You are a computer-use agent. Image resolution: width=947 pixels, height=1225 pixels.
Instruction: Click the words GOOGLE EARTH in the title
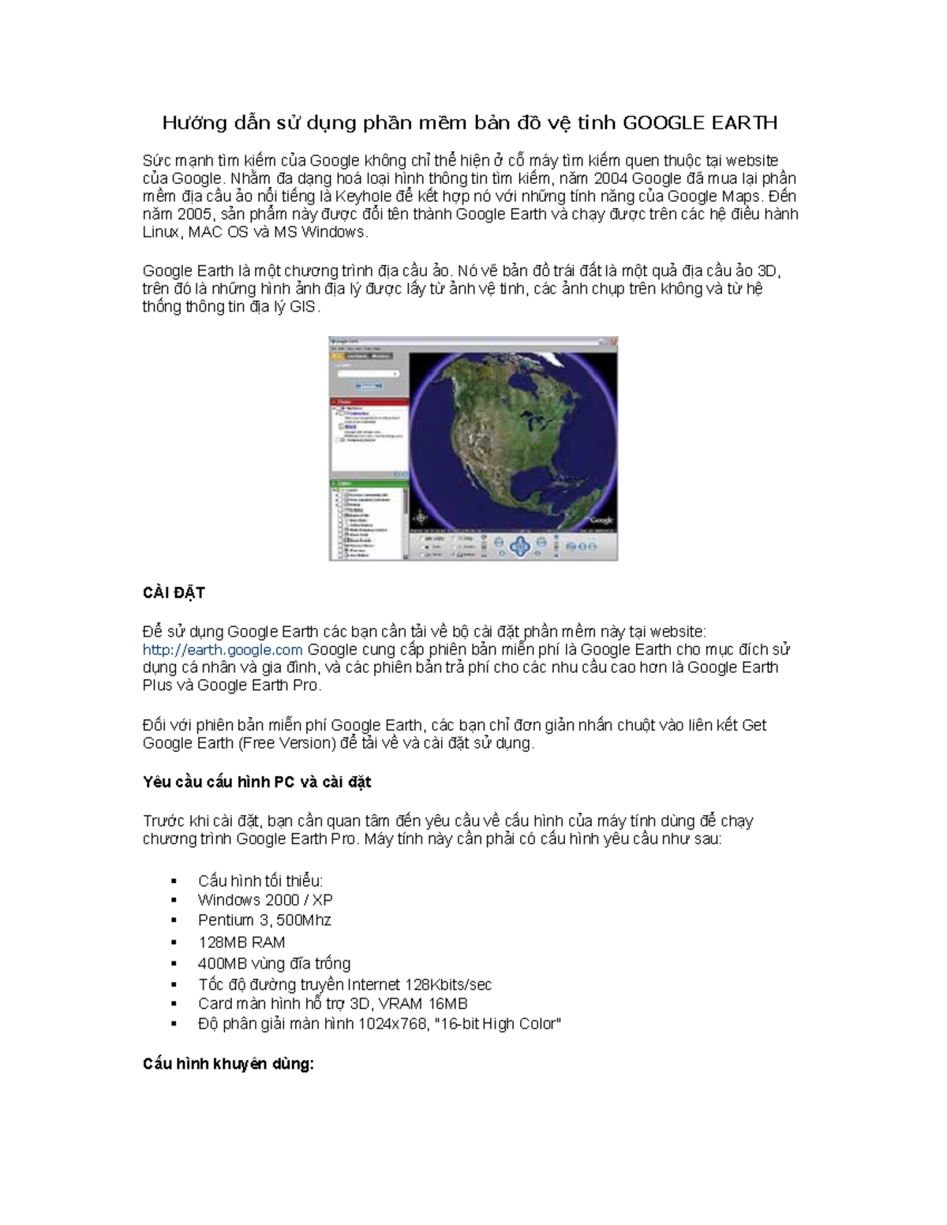[700, 123]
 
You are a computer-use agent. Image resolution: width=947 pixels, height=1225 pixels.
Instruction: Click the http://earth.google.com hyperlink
[223, 649]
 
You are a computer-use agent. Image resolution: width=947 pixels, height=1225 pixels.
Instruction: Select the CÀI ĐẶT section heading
[174, 592]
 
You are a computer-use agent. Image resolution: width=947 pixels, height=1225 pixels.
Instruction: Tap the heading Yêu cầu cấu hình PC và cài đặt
[256, 782]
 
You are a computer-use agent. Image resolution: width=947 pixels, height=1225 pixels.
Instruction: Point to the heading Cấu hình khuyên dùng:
[228, 1063]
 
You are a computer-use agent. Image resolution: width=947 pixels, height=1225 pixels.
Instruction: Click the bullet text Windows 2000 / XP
[265, 900]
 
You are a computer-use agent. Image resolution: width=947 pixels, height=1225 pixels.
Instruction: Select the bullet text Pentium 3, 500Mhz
[264, 920]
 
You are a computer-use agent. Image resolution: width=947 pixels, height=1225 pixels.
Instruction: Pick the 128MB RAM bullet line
[241, 942]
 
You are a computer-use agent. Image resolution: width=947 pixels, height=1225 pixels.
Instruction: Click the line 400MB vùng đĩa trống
[274, 963]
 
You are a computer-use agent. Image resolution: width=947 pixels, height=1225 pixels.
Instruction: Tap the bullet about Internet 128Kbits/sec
[345, 984]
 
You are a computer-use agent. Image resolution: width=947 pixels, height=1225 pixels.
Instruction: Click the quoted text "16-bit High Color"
[498, 1024]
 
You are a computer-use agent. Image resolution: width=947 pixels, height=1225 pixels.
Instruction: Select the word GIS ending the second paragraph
[303, 307]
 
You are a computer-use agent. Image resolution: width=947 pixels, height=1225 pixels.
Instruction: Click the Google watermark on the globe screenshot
[601, 520]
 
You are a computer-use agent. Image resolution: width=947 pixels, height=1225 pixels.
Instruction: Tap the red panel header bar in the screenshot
[369, 402]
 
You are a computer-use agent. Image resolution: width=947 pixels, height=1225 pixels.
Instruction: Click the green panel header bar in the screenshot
[369, 483]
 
